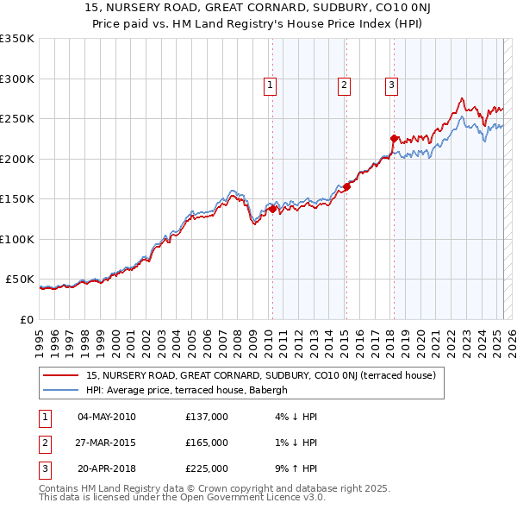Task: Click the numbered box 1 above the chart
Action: (x=271, y=85)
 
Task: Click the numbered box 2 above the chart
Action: (x=344, y=85)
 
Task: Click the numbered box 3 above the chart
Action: (x=391, y=85)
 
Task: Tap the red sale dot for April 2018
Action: (x=394, y=138)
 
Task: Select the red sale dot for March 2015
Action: (x=346, y=186)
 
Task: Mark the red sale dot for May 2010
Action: (x=272, y=209)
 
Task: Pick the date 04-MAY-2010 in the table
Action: (x=107, y=417)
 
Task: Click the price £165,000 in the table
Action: (x=207, y=443)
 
